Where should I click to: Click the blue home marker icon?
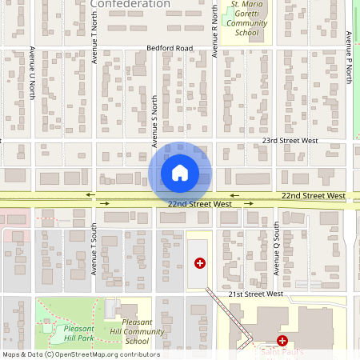[180, 172]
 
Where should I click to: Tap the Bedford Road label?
[170, 49]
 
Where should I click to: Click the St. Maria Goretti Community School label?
[246, 18]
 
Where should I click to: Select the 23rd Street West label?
[290, 140]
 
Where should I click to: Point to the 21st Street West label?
[256, 294]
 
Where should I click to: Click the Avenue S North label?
[154, 121]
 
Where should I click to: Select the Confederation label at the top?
[130, 4]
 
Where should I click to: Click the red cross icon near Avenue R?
[200, 262]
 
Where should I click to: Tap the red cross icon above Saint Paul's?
[282, 341]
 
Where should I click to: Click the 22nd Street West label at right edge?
[313, 195]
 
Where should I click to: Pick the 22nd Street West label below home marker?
[199, 204]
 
